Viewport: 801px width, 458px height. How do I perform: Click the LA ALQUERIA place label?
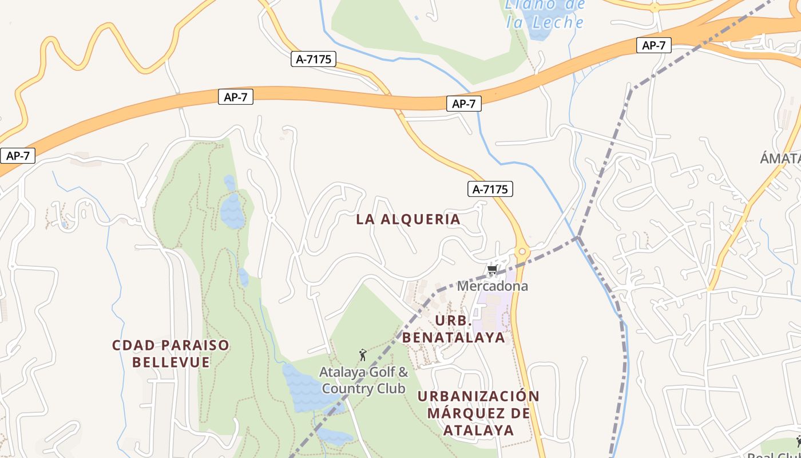[x=408, y=219]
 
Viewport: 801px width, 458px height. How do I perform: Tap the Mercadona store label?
[x=492, y=286]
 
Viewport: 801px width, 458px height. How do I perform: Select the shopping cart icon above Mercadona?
[x=491, y=270]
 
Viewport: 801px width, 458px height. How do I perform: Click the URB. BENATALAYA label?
[x=454, y=329]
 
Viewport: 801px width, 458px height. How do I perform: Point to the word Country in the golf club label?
[x=344, y=389]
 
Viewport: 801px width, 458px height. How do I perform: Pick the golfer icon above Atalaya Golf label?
[x=362, y=356]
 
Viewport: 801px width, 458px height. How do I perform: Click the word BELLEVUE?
[x=171, y=362]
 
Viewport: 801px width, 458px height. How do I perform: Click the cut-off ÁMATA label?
[x=780, y=159]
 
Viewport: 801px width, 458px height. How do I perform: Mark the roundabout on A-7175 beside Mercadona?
[x=521, y=251]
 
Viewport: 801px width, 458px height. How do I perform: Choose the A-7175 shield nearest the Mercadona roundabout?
[x=490, y=189]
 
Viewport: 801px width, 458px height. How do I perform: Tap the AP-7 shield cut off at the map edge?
[x=17, y=156]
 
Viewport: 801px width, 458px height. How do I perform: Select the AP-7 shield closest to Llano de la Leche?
[x=653, y=45]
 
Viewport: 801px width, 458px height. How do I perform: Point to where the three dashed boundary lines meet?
[x=578, y=236]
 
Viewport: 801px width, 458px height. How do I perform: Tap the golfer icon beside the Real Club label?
[x=798, y=441]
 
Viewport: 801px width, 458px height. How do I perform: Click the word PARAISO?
[x=192, y=345]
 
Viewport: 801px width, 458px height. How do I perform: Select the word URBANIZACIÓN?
[x=478, y=396]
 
